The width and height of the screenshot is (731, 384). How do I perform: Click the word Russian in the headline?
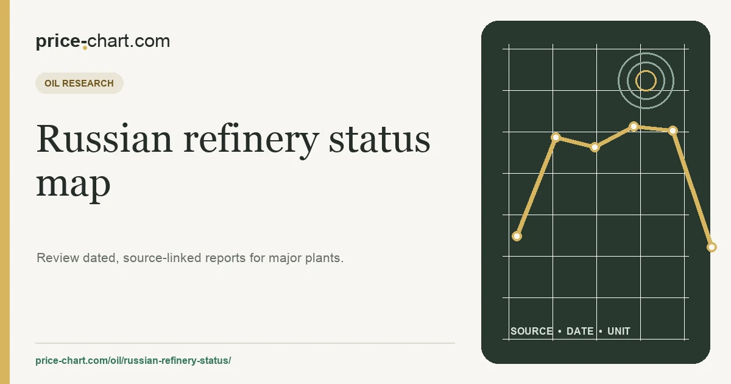tap(104, 138)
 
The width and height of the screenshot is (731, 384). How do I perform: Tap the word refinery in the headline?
tap(251, 141)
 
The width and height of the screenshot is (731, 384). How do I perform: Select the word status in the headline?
tap(379, 140)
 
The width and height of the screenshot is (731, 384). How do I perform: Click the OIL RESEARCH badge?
tap(79, 84)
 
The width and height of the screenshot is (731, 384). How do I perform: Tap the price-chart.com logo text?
tap(103, 41)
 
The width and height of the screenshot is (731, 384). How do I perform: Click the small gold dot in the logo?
tap(85, 48)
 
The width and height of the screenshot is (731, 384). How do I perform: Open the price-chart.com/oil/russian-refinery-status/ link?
tap(133, 360)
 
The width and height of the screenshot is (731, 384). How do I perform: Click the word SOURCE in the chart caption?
tap(532, 331)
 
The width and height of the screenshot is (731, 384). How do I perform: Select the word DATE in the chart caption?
tap(580, 331)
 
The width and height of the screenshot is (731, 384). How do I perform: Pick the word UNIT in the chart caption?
tap(619, 331)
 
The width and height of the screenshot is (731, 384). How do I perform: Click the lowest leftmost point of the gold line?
tap(517, 236)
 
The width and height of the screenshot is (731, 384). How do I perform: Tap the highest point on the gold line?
tap(634, 126)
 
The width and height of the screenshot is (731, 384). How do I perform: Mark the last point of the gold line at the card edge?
tap(712, 247)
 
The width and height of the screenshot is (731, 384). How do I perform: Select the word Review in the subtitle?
tap(58, 258)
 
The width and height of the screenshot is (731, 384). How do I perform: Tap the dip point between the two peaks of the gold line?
tap(595, 148)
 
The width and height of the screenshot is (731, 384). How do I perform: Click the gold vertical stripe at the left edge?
tap(5, 192)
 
